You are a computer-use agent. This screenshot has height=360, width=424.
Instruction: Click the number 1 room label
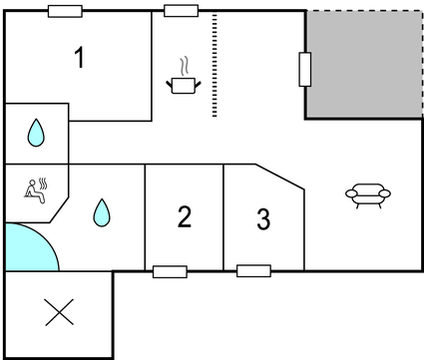pos(80,58)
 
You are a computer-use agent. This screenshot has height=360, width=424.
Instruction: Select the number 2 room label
pos(185,216)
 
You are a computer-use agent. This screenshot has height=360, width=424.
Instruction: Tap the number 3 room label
pos(263,219)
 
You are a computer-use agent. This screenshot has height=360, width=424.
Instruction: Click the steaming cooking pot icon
pos(184,76)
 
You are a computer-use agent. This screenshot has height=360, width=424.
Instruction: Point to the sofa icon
pos(368,195)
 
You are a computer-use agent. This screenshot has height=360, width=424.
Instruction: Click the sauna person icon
pos(36,190)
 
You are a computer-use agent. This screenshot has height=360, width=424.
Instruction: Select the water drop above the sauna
pos(36,133)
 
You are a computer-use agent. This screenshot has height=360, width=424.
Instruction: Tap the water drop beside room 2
pos(102,212)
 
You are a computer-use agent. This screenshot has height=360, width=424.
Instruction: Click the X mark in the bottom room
pos(59,312)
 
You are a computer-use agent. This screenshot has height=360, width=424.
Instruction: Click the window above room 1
pos(65,11)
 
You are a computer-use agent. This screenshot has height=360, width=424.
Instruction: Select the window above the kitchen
pos(182,11)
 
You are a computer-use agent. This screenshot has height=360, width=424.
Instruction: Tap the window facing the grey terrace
pos(305,69)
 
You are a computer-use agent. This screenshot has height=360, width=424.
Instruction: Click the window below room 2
pos(170,272)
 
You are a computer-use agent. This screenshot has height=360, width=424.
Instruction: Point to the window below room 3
pos(253,271)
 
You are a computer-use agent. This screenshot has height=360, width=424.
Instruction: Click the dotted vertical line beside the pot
pos(214,65)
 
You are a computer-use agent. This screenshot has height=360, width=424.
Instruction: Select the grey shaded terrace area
pos(364,64)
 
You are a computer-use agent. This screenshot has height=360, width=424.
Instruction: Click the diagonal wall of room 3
pos(279,177)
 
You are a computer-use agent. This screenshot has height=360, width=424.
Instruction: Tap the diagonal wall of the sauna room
pos(59,210)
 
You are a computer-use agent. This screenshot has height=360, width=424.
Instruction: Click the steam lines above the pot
pos(185,66)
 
